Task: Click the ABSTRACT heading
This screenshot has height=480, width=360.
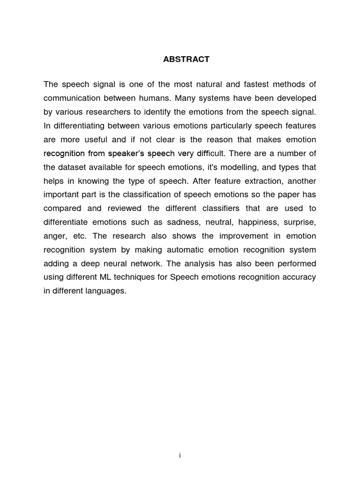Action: click(x=186, y=60)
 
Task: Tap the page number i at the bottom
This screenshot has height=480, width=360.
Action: click(x=180, y=456)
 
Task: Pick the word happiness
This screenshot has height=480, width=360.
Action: click(x=257, y=222)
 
